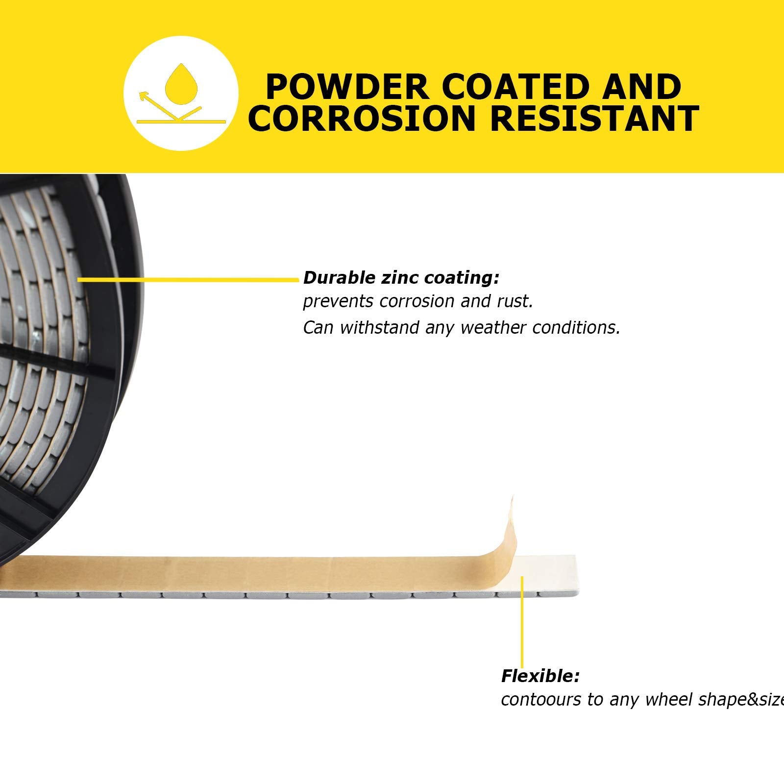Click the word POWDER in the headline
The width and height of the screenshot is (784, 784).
click(347, 87)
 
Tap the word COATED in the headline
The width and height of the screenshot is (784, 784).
click(515, 87)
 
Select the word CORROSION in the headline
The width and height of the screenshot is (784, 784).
click(362, 119)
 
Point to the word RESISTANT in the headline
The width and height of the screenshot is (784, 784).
click(594, 119)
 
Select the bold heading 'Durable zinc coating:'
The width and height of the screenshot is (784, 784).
click(401, 278)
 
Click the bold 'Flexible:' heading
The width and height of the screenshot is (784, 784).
click(540, 676)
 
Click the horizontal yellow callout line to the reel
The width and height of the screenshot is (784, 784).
click(188, 279)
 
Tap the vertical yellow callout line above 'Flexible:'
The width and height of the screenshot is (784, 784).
click(522, 622)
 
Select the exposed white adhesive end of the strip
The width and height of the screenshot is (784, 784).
click(546, 574)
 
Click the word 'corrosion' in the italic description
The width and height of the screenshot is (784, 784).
click(417, 301)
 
